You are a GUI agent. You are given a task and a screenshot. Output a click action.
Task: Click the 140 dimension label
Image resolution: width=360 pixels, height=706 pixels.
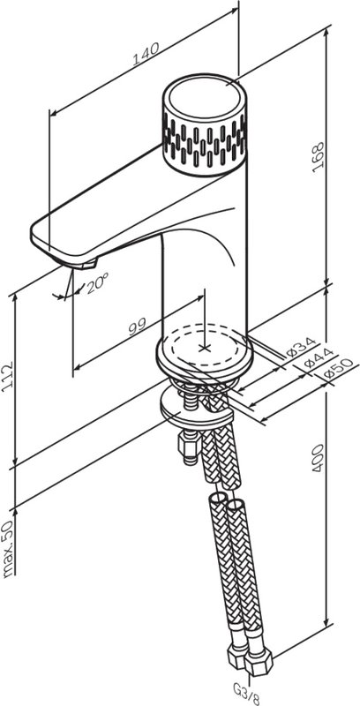[x=146, y=54]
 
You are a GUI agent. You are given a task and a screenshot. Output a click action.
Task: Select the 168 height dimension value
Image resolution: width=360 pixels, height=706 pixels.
[x=319, y=158]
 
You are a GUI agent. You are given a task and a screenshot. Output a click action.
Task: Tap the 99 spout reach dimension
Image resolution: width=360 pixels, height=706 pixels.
[x=138, y=326]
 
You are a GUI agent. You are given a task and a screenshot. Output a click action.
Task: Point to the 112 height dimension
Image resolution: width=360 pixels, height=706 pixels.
[x=8, y=377]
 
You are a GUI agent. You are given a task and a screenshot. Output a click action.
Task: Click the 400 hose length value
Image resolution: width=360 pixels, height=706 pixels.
[x=319, y=458]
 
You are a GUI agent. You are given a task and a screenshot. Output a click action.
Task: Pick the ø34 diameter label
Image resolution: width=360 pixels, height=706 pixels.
[x=301, y=347]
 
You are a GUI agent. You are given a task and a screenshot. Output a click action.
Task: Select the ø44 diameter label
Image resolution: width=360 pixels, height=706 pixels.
[x=318, y=359]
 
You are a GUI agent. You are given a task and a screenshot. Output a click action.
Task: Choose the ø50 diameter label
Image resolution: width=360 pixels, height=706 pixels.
[x=335, y=371]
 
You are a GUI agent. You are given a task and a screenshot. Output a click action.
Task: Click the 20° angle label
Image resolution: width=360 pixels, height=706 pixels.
[x=98, y=284]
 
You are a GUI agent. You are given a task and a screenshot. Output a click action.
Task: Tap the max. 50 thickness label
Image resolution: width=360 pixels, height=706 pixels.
[x=8, y=549]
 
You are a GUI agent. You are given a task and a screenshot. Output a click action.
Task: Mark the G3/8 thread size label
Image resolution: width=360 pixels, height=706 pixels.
[x=246, y=695]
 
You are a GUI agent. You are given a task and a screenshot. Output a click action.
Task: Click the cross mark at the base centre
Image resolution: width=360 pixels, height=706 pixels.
[x=205, y=348]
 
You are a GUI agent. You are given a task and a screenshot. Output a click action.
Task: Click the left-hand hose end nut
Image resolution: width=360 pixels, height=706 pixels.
[x=237, y=656]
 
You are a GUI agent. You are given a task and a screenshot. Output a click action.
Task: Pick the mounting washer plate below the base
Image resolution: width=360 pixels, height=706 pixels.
[x=197, y=409]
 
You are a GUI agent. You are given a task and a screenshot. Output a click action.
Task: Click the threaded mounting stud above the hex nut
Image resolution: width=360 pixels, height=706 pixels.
[x=190, y=395]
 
